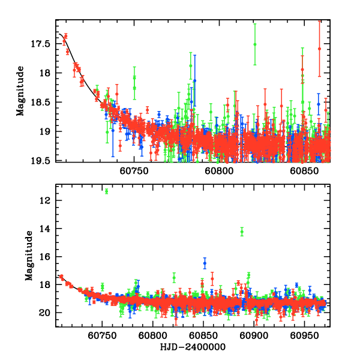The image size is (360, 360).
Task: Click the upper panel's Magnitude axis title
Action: pos(20,91)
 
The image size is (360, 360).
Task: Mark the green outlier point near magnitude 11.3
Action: pos(106,191)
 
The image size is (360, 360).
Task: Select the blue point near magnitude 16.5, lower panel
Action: pos(205,263)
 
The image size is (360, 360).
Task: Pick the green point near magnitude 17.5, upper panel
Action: pos(255,44)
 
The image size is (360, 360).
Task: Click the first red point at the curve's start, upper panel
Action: pos(64,40)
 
